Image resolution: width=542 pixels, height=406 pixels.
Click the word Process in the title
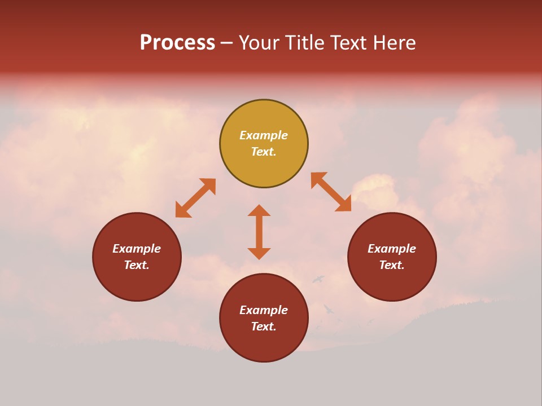pyautogui.click(x=177, y=43)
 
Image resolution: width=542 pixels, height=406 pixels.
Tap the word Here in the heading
pyautogui.click(x=394, y=43)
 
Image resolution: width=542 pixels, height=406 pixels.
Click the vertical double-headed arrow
pyautogui.click(x=259, y=232)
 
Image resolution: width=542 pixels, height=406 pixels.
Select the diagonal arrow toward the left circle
pyautogui.click(x=195, y=198)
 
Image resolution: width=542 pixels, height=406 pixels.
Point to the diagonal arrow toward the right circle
pyautogui.click(x=331, y=192)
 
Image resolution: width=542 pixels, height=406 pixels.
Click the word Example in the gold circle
pyautogui.click(x=264, y=135)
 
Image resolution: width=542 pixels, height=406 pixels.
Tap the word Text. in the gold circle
pyautogui.click(x=264, y=152)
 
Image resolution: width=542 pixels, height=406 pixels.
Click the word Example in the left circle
pyautogui.click(x=137, y=249)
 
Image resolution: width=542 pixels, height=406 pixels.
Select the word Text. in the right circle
pyautogui.click(x=392, y=265)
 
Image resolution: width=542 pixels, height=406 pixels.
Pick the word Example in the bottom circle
pyautogui.click(x=264, y=310)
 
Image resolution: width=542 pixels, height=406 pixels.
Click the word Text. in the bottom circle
pyautogui.click(x=264, y=326)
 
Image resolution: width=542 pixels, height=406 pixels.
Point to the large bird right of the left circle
pyautogui.click(x=319, y=279)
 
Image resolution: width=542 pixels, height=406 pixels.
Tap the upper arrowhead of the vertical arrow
pyautogui.click(x=259, y=210)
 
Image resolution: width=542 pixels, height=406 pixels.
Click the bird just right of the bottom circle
pyautogui.click(x=328, y=309)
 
